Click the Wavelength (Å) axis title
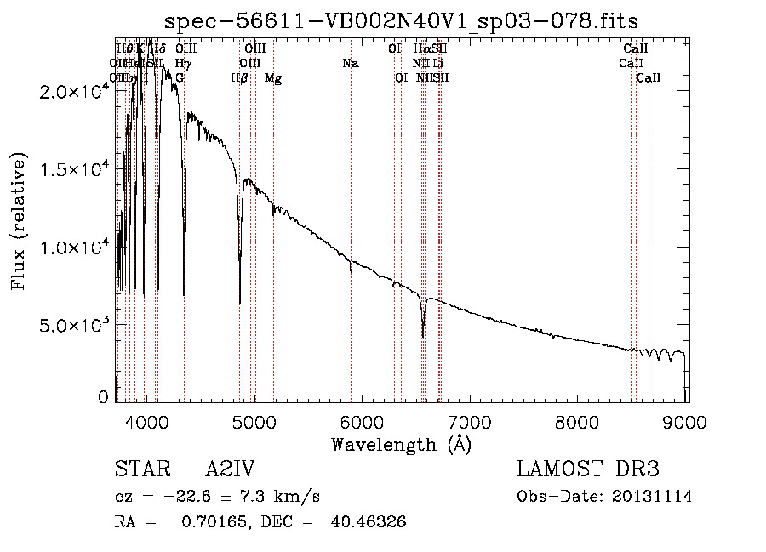tap(401, 444)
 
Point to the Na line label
tap(350, 63)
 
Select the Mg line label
tap(273, 77)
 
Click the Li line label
tap(437, 63)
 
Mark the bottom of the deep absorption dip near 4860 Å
tap(240, 303)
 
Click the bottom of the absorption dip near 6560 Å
tap(423, 337)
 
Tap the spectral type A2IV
tap(229, 469)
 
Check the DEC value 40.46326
tap(369, 521)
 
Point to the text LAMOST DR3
tap(588, 469)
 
